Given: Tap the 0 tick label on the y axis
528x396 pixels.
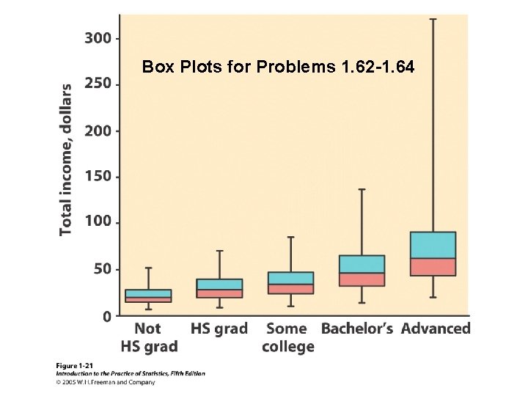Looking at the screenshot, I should point(108,316).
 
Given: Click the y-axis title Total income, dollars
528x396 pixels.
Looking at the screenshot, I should point(66,159).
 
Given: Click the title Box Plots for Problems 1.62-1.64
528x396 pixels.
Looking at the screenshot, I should point(278,67).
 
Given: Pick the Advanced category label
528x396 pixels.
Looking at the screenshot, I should point(435,329).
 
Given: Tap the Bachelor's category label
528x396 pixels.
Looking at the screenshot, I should point(358,329).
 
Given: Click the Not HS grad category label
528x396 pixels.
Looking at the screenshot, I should point(148,337).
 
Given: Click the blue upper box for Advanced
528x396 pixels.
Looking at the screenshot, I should point(433,245).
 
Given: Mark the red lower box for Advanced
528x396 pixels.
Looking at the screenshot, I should point(433,267).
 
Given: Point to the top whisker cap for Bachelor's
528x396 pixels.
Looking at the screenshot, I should point(362,189).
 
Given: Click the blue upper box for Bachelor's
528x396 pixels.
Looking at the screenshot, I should point(362,264).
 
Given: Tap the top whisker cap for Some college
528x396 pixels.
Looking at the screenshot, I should point(290,237).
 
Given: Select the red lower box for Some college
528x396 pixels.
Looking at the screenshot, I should point(290,289).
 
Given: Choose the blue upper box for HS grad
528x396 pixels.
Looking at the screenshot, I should point(219,284).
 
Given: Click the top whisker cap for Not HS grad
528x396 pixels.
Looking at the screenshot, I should point(148,268).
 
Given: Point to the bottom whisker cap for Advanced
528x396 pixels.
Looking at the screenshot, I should point(433,297).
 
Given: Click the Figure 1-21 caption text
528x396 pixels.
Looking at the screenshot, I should point(78,364).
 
